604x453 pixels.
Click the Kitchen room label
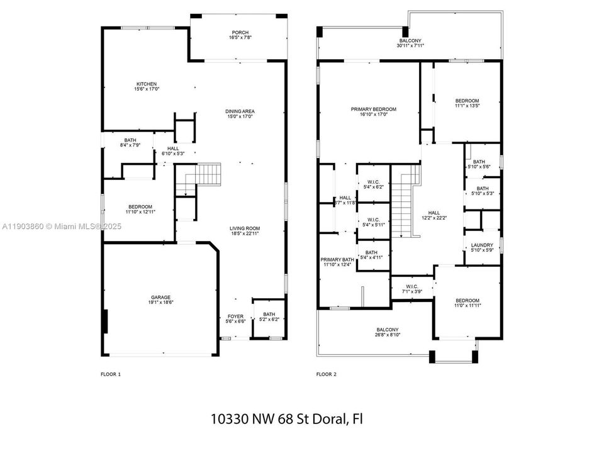click(x=147, y=84)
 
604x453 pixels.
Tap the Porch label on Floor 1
click(x=240, y=34)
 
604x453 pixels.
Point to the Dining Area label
click(x=240, y=111)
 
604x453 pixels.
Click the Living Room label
click(x=245, y=228)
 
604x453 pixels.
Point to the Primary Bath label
click(x=338, y=260)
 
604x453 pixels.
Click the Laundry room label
click(x=482, y=245)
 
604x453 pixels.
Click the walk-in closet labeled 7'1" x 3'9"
click(x=412, y=289)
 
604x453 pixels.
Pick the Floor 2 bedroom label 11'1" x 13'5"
click(x=467, y=101)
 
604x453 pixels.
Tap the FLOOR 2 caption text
click(x=326, y=374)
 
